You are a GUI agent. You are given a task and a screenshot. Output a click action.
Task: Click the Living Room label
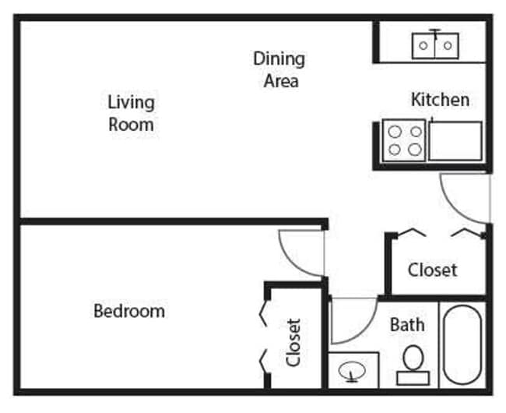(131, 113)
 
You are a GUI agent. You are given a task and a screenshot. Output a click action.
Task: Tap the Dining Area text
(279, 69)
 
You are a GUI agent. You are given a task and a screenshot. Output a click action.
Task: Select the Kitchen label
(440, 100)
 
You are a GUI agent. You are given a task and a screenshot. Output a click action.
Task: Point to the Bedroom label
(129, 311)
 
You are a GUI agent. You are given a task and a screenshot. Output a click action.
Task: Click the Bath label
(407, 323)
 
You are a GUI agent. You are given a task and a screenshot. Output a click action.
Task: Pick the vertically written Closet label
(293, 342)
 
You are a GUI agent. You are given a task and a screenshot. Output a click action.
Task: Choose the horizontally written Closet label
(433, 270)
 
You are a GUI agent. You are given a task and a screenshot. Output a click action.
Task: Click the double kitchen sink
(435, 45)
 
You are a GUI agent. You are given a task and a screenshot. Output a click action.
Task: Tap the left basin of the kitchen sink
(424, 46)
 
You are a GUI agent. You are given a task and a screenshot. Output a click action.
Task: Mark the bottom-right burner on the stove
(415, 149)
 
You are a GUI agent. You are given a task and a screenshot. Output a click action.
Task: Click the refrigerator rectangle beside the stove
(455, 141)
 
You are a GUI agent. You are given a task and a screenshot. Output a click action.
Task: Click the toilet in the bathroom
(413, 365)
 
